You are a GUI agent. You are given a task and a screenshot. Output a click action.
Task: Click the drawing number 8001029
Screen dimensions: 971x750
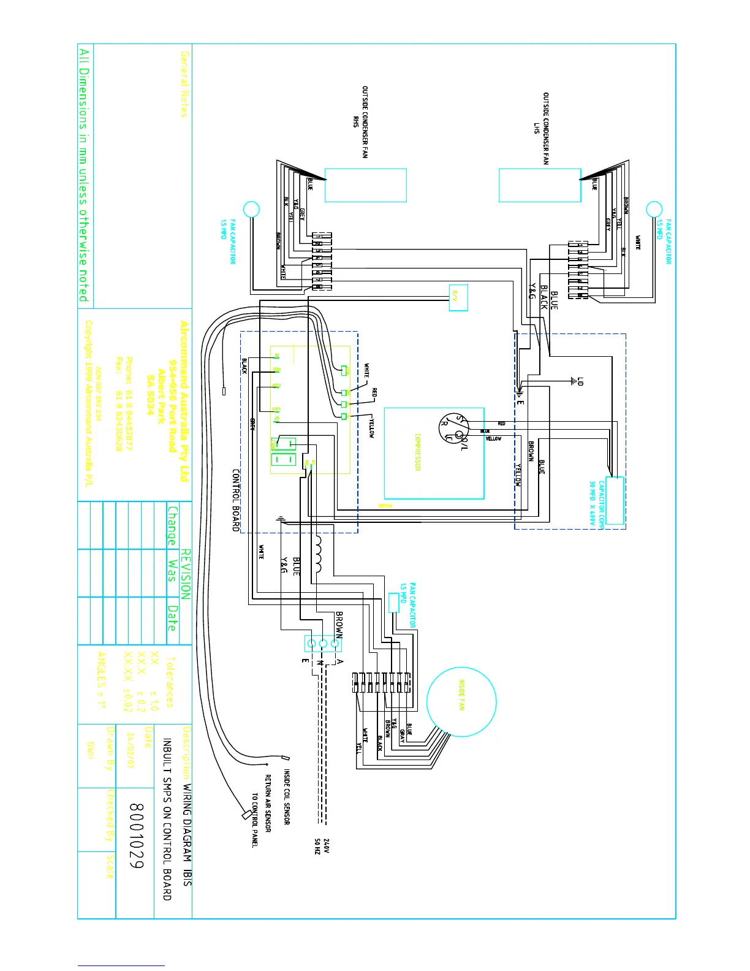136,836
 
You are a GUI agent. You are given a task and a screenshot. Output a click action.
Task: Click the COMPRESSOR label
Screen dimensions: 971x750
418,452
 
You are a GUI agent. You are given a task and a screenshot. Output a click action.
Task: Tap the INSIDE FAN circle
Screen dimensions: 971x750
461,702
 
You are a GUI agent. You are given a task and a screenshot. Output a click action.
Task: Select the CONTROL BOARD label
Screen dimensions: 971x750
236,500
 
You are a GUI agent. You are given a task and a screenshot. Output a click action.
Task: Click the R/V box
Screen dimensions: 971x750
458,298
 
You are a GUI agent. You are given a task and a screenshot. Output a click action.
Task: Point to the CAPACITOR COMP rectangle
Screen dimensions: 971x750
615,500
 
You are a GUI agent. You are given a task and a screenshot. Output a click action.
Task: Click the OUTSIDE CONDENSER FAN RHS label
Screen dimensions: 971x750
360,122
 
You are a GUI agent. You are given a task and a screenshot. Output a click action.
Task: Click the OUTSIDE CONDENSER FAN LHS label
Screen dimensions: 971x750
541,128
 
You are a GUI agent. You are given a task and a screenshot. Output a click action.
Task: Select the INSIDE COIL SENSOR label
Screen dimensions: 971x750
287,797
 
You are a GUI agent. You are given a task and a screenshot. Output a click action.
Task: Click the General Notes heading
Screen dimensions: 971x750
184,84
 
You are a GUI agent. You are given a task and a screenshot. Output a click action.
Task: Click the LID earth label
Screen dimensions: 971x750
580,381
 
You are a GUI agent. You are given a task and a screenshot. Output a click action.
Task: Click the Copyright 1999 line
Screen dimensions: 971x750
89,403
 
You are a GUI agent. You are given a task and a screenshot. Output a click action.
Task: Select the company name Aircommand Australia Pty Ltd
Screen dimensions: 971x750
184,402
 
